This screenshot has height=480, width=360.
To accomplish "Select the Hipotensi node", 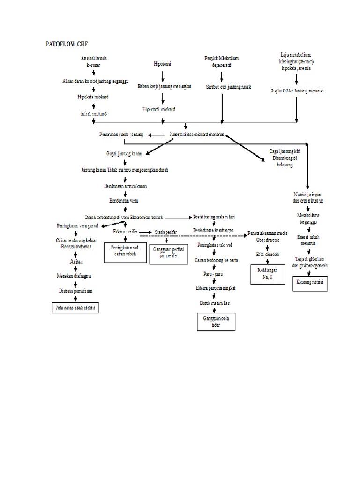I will pyautogui.click(x=163, y=64).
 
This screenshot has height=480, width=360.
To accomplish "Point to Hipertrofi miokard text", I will pyautogui.click(x=159, y=109).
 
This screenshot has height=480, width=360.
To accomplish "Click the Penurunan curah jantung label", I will pyautogui.click(x=121, y=135).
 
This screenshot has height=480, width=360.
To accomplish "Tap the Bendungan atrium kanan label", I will pyautogui.click(x=125, y=186).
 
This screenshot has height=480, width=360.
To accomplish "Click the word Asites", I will pyautogui.click(x=76, y=261).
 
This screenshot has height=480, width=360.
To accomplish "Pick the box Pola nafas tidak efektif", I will pyautogui.click(x=76, y=307).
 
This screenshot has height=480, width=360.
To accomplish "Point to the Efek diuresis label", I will pyautogui.click(x=267, y=254).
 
